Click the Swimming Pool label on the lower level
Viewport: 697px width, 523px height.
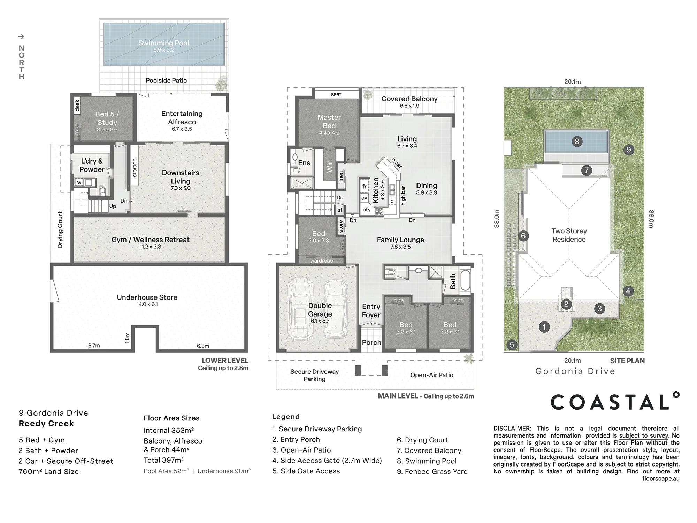tap(164, 43)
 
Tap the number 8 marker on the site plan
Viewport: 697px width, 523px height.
tap(577, 142)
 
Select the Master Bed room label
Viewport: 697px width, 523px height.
tap(329, 121)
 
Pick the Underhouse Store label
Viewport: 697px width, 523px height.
tap(147, 297)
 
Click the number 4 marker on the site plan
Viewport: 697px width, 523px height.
tap(628, 291)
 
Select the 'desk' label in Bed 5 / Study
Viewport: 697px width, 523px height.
tap(77, 106)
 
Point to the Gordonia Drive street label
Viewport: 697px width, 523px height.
tap(575, 371)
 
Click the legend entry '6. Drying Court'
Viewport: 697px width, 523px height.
tap(422, 440)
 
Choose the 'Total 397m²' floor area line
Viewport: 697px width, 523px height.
tap(164, 460)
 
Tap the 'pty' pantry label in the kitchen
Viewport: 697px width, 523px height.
tap(366, 210)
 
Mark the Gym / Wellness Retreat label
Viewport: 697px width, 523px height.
tap(151, 240)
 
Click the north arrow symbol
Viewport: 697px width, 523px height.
tap(21, 36)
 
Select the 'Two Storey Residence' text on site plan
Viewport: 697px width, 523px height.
tap(569, 235)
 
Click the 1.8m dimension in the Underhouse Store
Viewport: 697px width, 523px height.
tap(127, 337)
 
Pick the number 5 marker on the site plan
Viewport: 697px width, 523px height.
tap(512, 345)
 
